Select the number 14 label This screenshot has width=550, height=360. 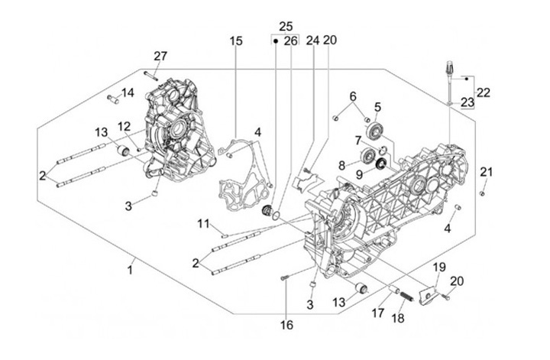tap(127, 93)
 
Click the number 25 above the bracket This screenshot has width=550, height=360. tap(285, 26)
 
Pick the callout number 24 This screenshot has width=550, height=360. tap(312, 41)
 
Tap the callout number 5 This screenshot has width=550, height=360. tap(377, 106)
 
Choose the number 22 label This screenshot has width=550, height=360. tap(484, 92)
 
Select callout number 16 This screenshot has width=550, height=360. tap(286, 325)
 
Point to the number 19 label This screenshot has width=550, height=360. tap(439, 267)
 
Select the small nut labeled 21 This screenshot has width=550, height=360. tap(484, 193)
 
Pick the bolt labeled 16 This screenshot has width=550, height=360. tap(283, 280)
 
